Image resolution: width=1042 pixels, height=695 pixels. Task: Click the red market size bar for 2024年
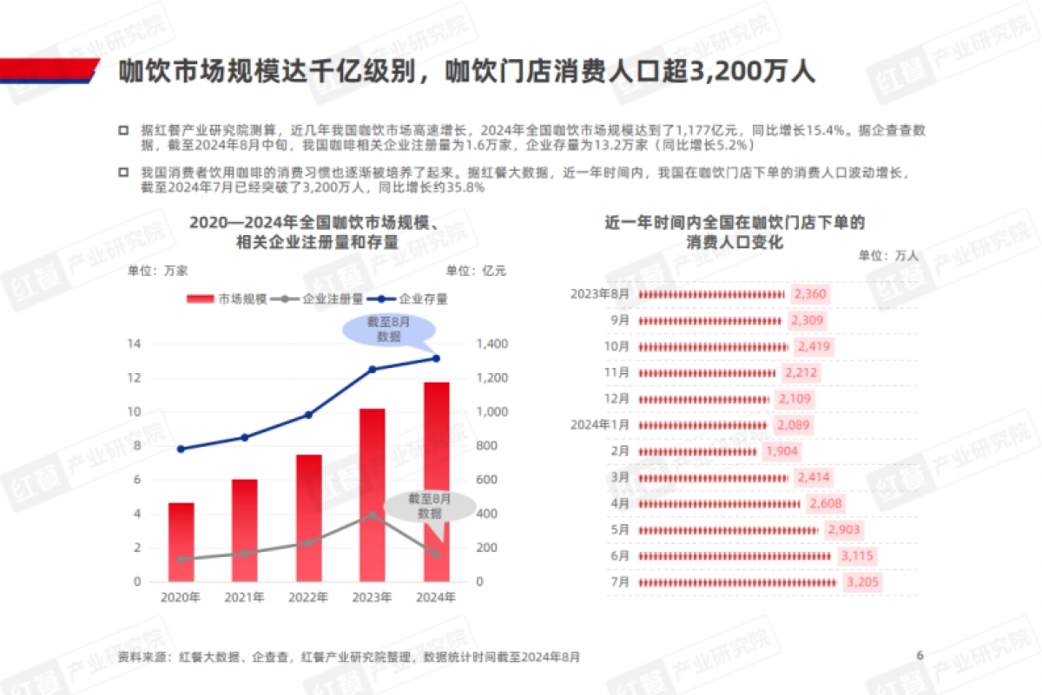click(436, 482)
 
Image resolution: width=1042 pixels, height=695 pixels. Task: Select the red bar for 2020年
click(181, 541)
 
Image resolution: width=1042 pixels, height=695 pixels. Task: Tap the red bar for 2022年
click(308, 518)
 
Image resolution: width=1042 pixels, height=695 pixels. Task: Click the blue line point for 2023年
click(373, 370)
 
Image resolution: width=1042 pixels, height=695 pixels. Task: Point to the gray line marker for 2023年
click(373, 515)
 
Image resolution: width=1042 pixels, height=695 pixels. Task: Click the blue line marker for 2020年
click(181, 449)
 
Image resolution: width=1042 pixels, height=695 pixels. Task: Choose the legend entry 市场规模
click(228, 299)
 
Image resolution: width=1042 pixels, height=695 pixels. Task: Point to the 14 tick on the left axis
click(134, 344)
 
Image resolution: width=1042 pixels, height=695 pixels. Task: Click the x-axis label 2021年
click(245, 598)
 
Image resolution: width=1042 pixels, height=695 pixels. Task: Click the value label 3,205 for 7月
click(862, 582)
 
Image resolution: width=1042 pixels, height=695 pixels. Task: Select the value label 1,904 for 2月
click(781, 451)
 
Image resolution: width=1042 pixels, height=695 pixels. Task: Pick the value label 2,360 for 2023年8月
click(810, 294)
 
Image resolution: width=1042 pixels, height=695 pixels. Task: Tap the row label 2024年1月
click(599, 425)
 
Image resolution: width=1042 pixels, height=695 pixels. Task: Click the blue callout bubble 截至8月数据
click(388, 329)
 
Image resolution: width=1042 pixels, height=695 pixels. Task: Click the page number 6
click(920, 655)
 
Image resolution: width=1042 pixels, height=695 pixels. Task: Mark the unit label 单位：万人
click(887, 255)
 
